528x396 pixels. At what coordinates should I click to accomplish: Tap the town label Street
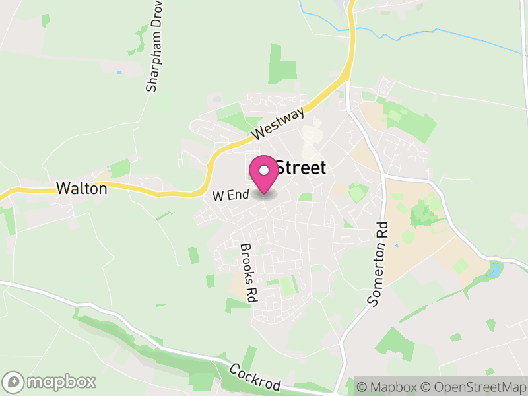(x=300, y=168)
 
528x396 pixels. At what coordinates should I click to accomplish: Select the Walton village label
(x=81, y=188)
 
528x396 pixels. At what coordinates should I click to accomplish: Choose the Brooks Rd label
(x=247, y=273)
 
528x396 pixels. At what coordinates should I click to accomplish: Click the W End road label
(x=230, y=195)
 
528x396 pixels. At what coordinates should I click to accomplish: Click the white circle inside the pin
(x=264, y=170)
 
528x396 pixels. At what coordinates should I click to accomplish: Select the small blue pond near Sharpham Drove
(x=119, y=72)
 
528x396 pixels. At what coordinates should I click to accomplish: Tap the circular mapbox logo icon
(x=14, y=381)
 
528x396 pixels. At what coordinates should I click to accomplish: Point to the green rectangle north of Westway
(x=282, y=63)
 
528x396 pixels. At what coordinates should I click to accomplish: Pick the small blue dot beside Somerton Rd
(x=396, y=246)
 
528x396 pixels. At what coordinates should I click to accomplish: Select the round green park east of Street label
(x=358, y=193)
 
